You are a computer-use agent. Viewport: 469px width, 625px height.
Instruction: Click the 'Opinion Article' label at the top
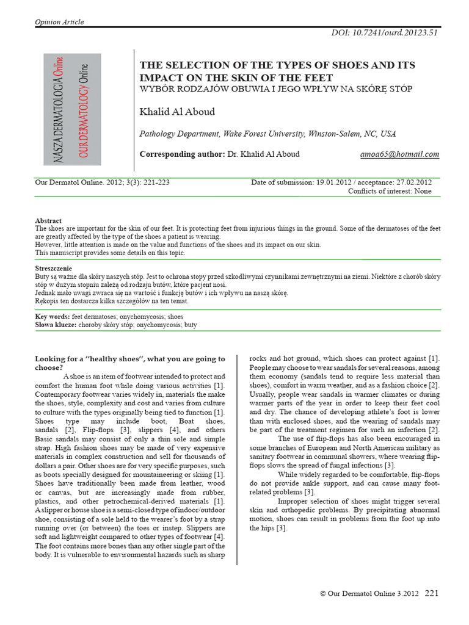click(59, 22)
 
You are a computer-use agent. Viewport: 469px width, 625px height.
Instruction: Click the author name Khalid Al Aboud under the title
click(177, 112)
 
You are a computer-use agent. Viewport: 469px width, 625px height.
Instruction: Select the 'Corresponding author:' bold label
click(182, 154)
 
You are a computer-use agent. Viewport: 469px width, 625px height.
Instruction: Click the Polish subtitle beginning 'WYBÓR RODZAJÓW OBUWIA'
click(276, 89)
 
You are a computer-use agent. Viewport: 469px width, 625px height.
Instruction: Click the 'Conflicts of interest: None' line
click(390, 191)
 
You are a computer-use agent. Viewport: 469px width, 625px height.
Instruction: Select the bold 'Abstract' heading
click(48, 221)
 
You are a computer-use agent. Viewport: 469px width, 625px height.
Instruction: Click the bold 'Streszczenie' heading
click(54, 269)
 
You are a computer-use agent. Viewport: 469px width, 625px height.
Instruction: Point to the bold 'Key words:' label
click(53, 318)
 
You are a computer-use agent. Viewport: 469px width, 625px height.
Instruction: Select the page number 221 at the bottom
click(431, 593)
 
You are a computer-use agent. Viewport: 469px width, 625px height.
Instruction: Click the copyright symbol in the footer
click(323, 593)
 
